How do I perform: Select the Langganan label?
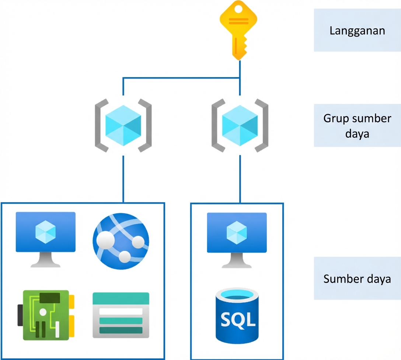click(x=357, y=30)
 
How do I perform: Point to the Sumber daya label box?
click(x=357, y=278)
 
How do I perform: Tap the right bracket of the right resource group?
click(x=262, y=125)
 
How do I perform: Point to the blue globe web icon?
click(x=121, y=240)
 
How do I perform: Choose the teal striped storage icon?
click(x=121, y=315)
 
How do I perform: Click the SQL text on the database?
click(x=238, y=319)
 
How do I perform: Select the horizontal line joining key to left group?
click(x=181, y=78)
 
